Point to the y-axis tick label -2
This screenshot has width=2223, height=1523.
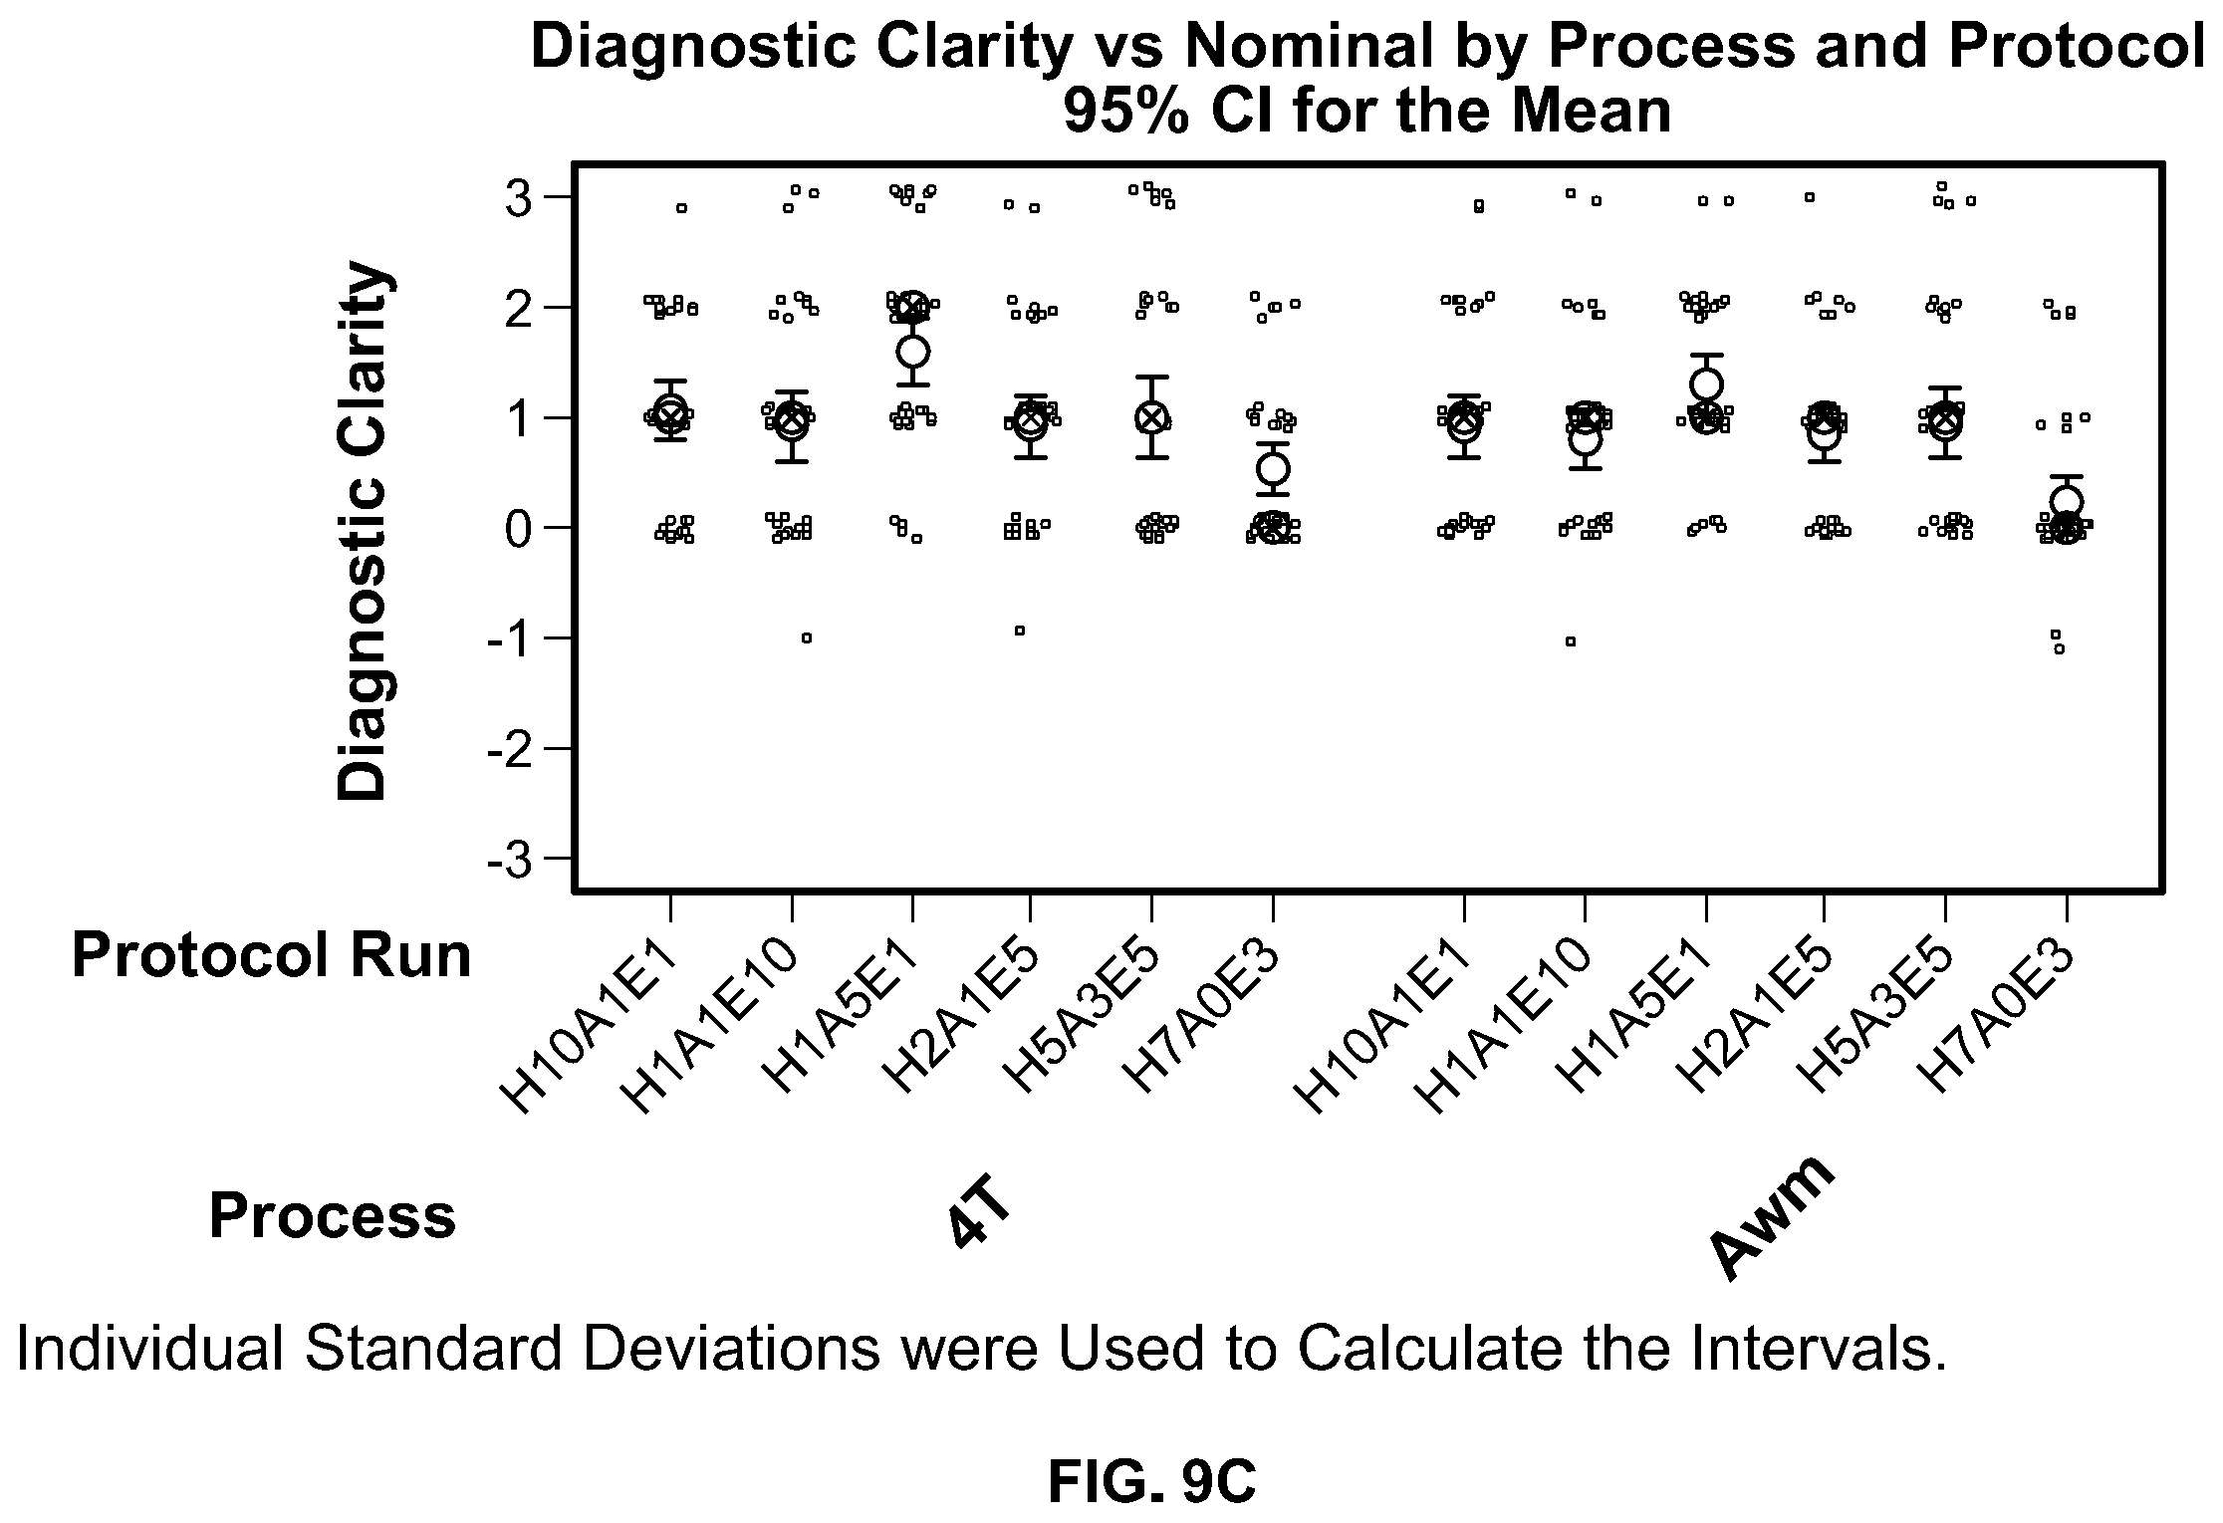[513, 748]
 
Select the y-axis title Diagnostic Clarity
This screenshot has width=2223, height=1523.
[362, 531]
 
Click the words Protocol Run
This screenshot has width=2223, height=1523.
[271, 955]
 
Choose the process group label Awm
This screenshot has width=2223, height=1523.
[1772, 1217]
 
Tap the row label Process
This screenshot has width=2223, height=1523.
[332, 1216]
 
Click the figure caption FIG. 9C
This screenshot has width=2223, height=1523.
[1151, 1482]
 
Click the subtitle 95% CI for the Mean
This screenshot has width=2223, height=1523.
[1367, 110]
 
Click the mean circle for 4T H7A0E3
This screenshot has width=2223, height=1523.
[1273, 467]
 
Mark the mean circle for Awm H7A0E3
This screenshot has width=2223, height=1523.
[2067, 502]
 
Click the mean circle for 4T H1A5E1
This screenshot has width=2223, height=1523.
[912, 352]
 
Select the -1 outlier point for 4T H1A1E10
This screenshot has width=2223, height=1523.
[807, 637]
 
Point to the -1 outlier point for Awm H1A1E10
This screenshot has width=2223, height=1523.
[1571, 641]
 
